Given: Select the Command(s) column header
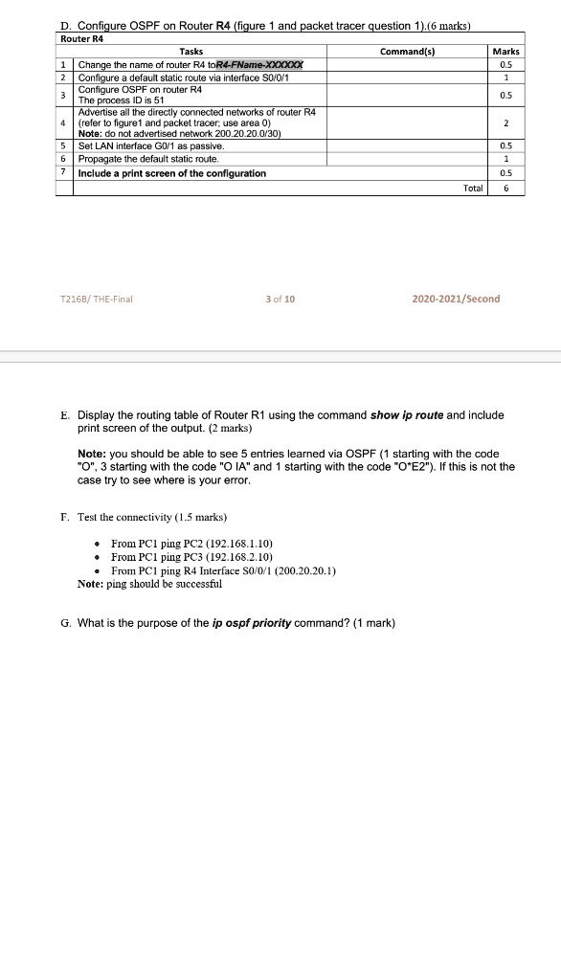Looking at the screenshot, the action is click(x=406, y=51).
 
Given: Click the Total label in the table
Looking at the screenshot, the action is click(x=472, y=189).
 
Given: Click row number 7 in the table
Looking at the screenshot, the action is click(x=62, y=173).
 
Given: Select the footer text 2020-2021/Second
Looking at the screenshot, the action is click(x=456, y=299).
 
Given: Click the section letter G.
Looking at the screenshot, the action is click(x=64, y=624).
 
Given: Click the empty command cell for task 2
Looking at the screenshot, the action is click(x=406, y=78).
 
